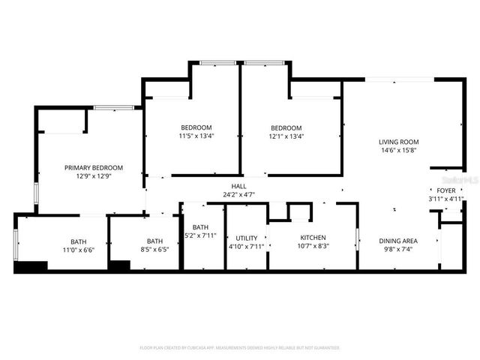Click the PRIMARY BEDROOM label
pos(94,168)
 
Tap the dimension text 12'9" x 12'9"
pos(94,177)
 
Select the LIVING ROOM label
pos(398,142)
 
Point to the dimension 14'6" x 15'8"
pos(398,151)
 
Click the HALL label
pos(238,187)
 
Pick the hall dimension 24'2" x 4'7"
pos(238,195)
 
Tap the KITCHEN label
pos(313,238)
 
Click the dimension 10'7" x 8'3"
pos(313,247)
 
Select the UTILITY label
pos(247,238)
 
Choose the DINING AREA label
pos(398,241)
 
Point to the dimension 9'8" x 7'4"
pos(398,249)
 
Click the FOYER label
pos(440,191)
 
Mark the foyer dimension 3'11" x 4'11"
pos(441,199)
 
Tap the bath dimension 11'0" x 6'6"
pos(78,250)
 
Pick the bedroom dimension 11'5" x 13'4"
pos(196,136)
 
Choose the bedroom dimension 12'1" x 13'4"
pos(286,136)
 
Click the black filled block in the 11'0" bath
pos(30,265)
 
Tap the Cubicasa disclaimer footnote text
pos(240,348)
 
